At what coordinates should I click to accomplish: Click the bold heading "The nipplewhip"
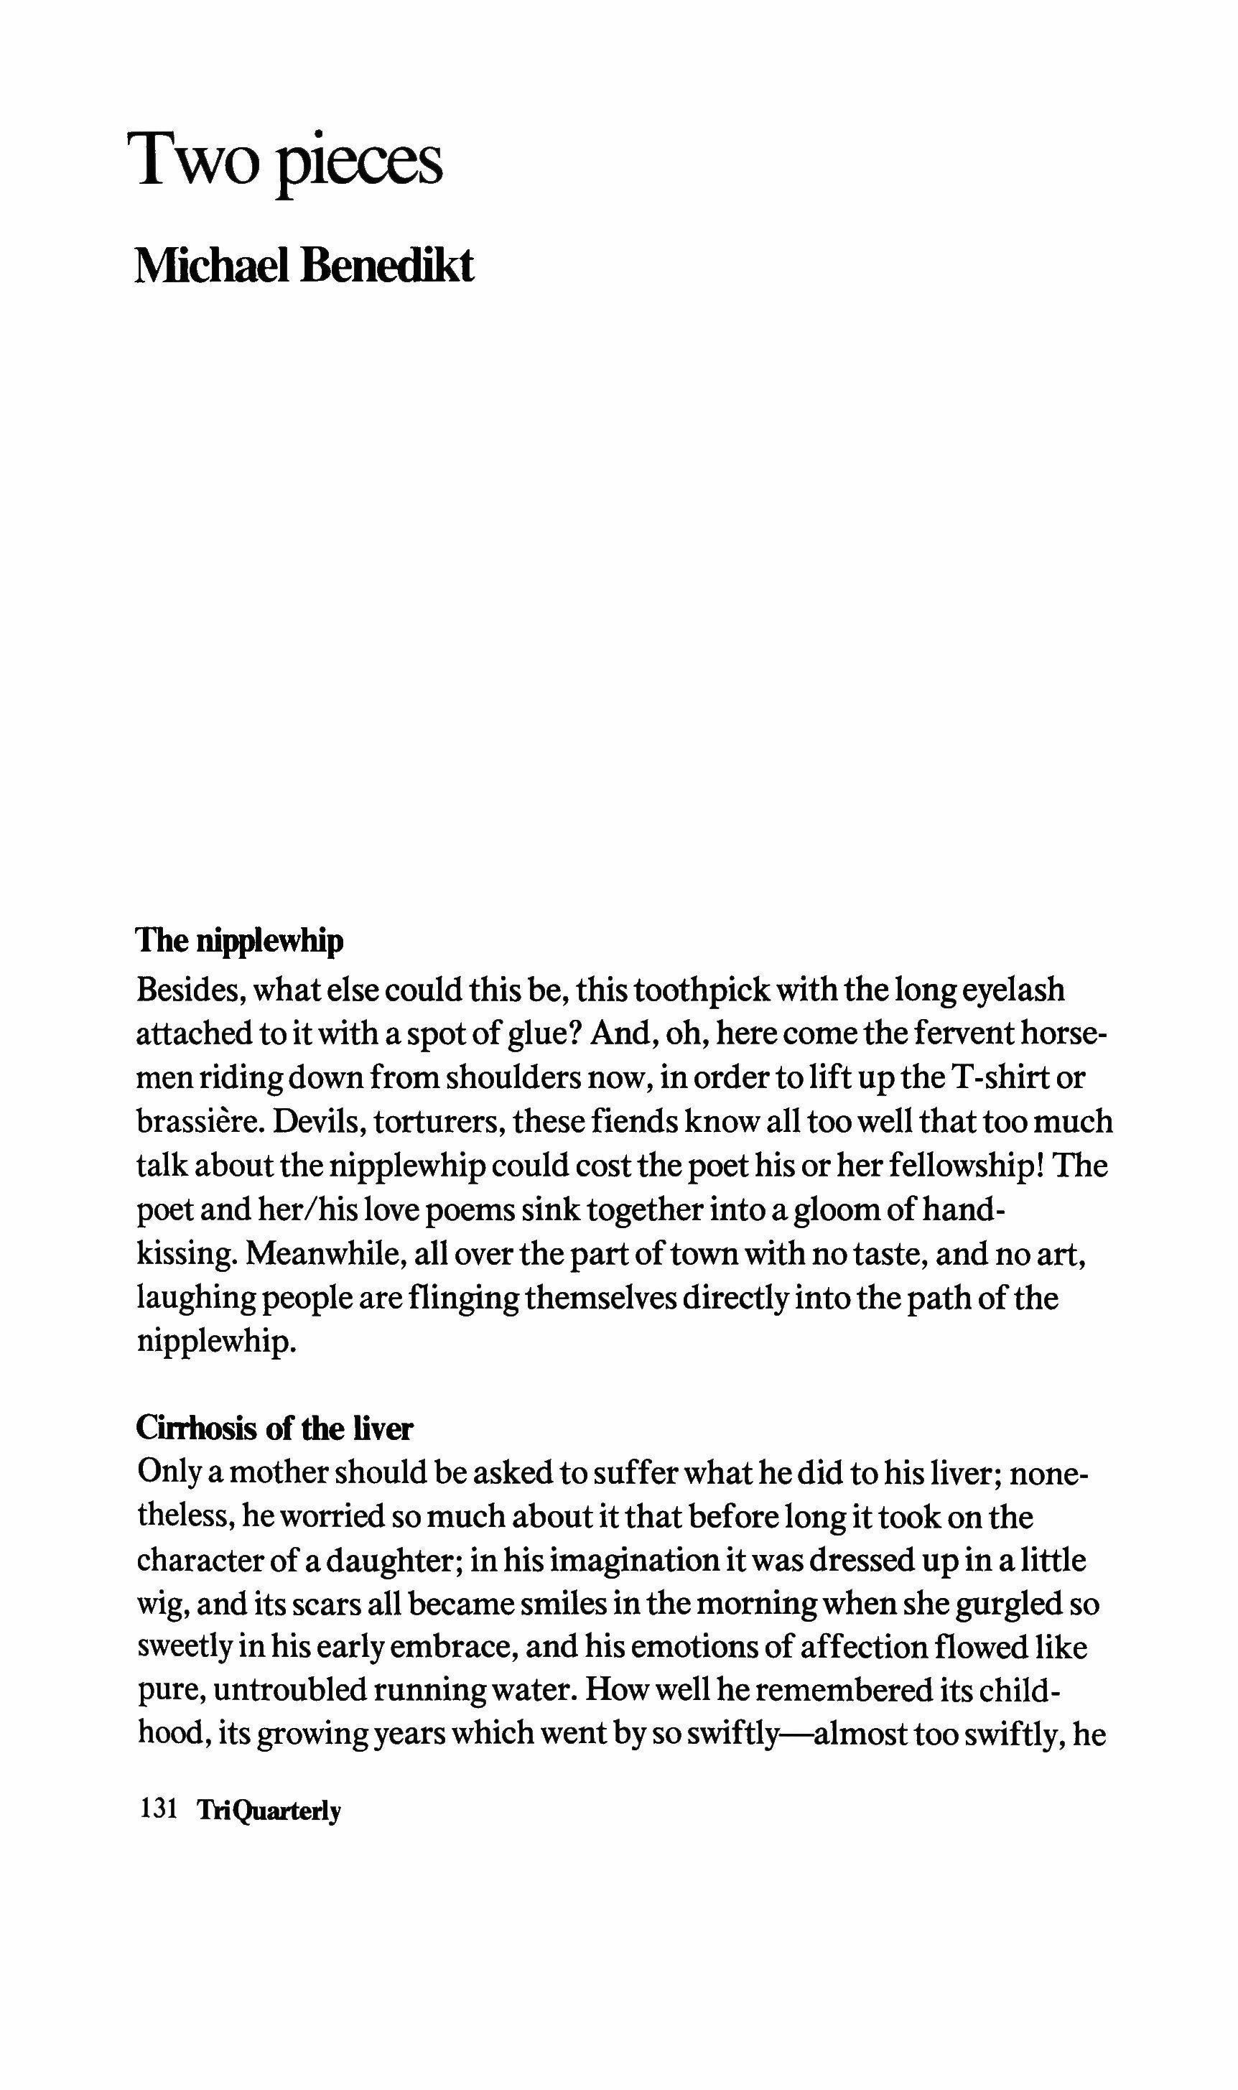tap(239, 940)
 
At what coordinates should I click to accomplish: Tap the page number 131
tap(159, 1810)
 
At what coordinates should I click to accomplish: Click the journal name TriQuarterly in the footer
tap(269, 1811)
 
